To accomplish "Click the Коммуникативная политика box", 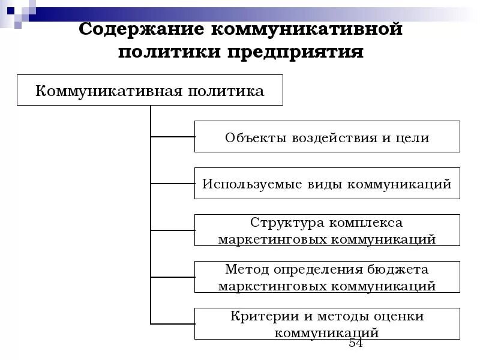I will pyautogui.click(x=149, y=91).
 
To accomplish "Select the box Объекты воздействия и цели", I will pyautogui.click(x=327, y=137).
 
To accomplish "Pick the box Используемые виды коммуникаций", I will pyautogui.click(x=327, y=184).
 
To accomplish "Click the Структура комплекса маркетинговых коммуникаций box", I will pyautogui.click(x=327, y=230).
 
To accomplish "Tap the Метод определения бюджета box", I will pyautogui.click(x=327, y=277).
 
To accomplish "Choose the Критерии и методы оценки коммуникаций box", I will pyautogui.click(x=327, y=323).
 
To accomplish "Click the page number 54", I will pyautogui.click(x=356, y=343).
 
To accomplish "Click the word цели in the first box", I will pyautogui.click(x=413, y=137).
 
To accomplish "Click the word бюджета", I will pyautogui.click(x=399, y=269).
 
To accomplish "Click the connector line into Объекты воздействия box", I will pyautogui.click(x=173, y=137).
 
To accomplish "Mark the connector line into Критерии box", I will pyautogui.click(x=173, y=323).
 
